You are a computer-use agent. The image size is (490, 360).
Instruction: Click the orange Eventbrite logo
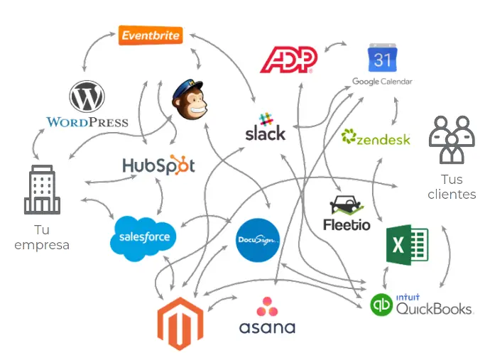coord(150,35)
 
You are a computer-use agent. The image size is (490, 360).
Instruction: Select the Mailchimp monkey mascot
coord(192,98)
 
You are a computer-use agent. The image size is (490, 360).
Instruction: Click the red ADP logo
coord(288,60)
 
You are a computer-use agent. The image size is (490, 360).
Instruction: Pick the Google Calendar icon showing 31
coord(381,59)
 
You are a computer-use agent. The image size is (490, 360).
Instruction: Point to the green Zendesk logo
coord(376,138)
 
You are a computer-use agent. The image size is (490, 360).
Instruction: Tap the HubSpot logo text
coord(158,165)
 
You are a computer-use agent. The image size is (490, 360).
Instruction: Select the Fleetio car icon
coord(347,206)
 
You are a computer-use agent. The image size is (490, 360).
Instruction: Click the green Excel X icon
coord(407,245)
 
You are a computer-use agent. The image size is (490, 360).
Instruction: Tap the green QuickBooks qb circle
coord(382,305)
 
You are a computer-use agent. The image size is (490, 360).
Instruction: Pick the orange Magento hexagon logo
coord(180,323)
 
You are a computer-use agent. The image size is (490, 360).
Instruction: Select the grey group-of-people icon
coord(451,139)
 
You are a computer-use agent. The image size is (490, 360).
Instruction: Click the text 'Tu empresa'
coord(42,238)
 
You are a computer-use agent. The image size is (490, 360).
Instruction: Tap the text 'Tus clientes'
coord(452,187)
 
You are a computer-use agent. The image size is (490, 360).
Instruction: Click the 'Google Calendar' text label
coord(382,82)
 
